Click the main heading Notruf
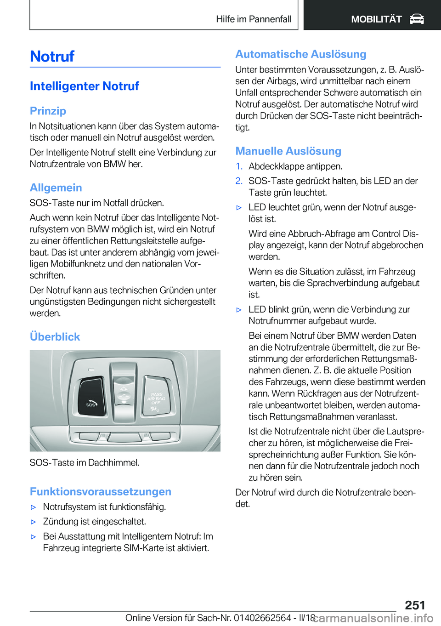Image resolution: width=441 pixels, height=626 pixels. pyautogui.click(x=52, y=56)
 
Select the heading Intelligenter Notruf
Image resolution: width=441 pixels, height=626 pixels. pyautogui.click(x=84, y=86)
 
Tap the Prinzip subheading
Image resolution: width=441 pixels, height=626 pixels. pyautogui.click(x=48, y=111)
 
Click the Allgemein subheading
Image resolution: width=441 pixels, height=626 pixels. pyautogui.click(x=56, y=188)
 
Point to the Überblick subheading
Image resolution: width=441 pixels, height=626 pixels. pyautogui.click(x=55, y=336)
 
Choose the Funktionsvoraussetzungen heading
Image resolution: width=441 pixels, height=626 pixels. pyautogui.click(x=100, y=491)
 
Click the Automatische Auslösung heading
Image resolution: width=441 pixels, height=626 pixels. pyautogui.click(x=300, y=54)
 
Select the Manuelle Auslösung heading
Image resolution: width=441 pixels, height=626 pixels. pyautogui.click(x=288, y=151)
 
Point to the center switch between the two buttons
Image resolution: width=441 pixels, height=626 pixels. pyautogui.click(x=124, y=391)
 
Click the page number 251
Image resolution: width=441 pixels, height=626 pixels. pyautogui.click(x=415, y=605)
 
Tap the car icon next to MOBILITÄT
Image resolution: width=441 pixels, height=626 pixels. pyautogui.click(x=417, y=19)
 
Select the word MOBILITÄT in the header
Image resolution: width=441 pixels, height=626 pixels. pyautogui.click(x=376, y=19)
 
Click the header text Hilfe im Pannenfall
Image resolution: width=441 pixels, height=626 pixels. pyautogui.click(x=254, y=19)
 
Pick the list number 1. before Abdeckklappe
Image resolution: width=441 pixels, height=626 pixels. pyautogui.click(x=239, y=166)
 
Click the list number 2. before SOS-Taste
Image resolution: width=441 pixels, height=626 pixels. pyautogui.click(x=239, y=181)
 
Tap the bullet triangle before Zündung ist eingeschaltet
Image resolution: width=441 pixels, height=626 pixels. pyautogui.click(x=33, y=522)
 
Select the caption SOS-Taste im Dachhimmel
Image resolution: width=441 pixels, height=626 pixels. pyautogui.click(x=85, y=462)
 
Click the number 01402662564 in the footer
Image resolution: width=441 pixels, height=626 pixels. pyautogui.click(x=262, y=618)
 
